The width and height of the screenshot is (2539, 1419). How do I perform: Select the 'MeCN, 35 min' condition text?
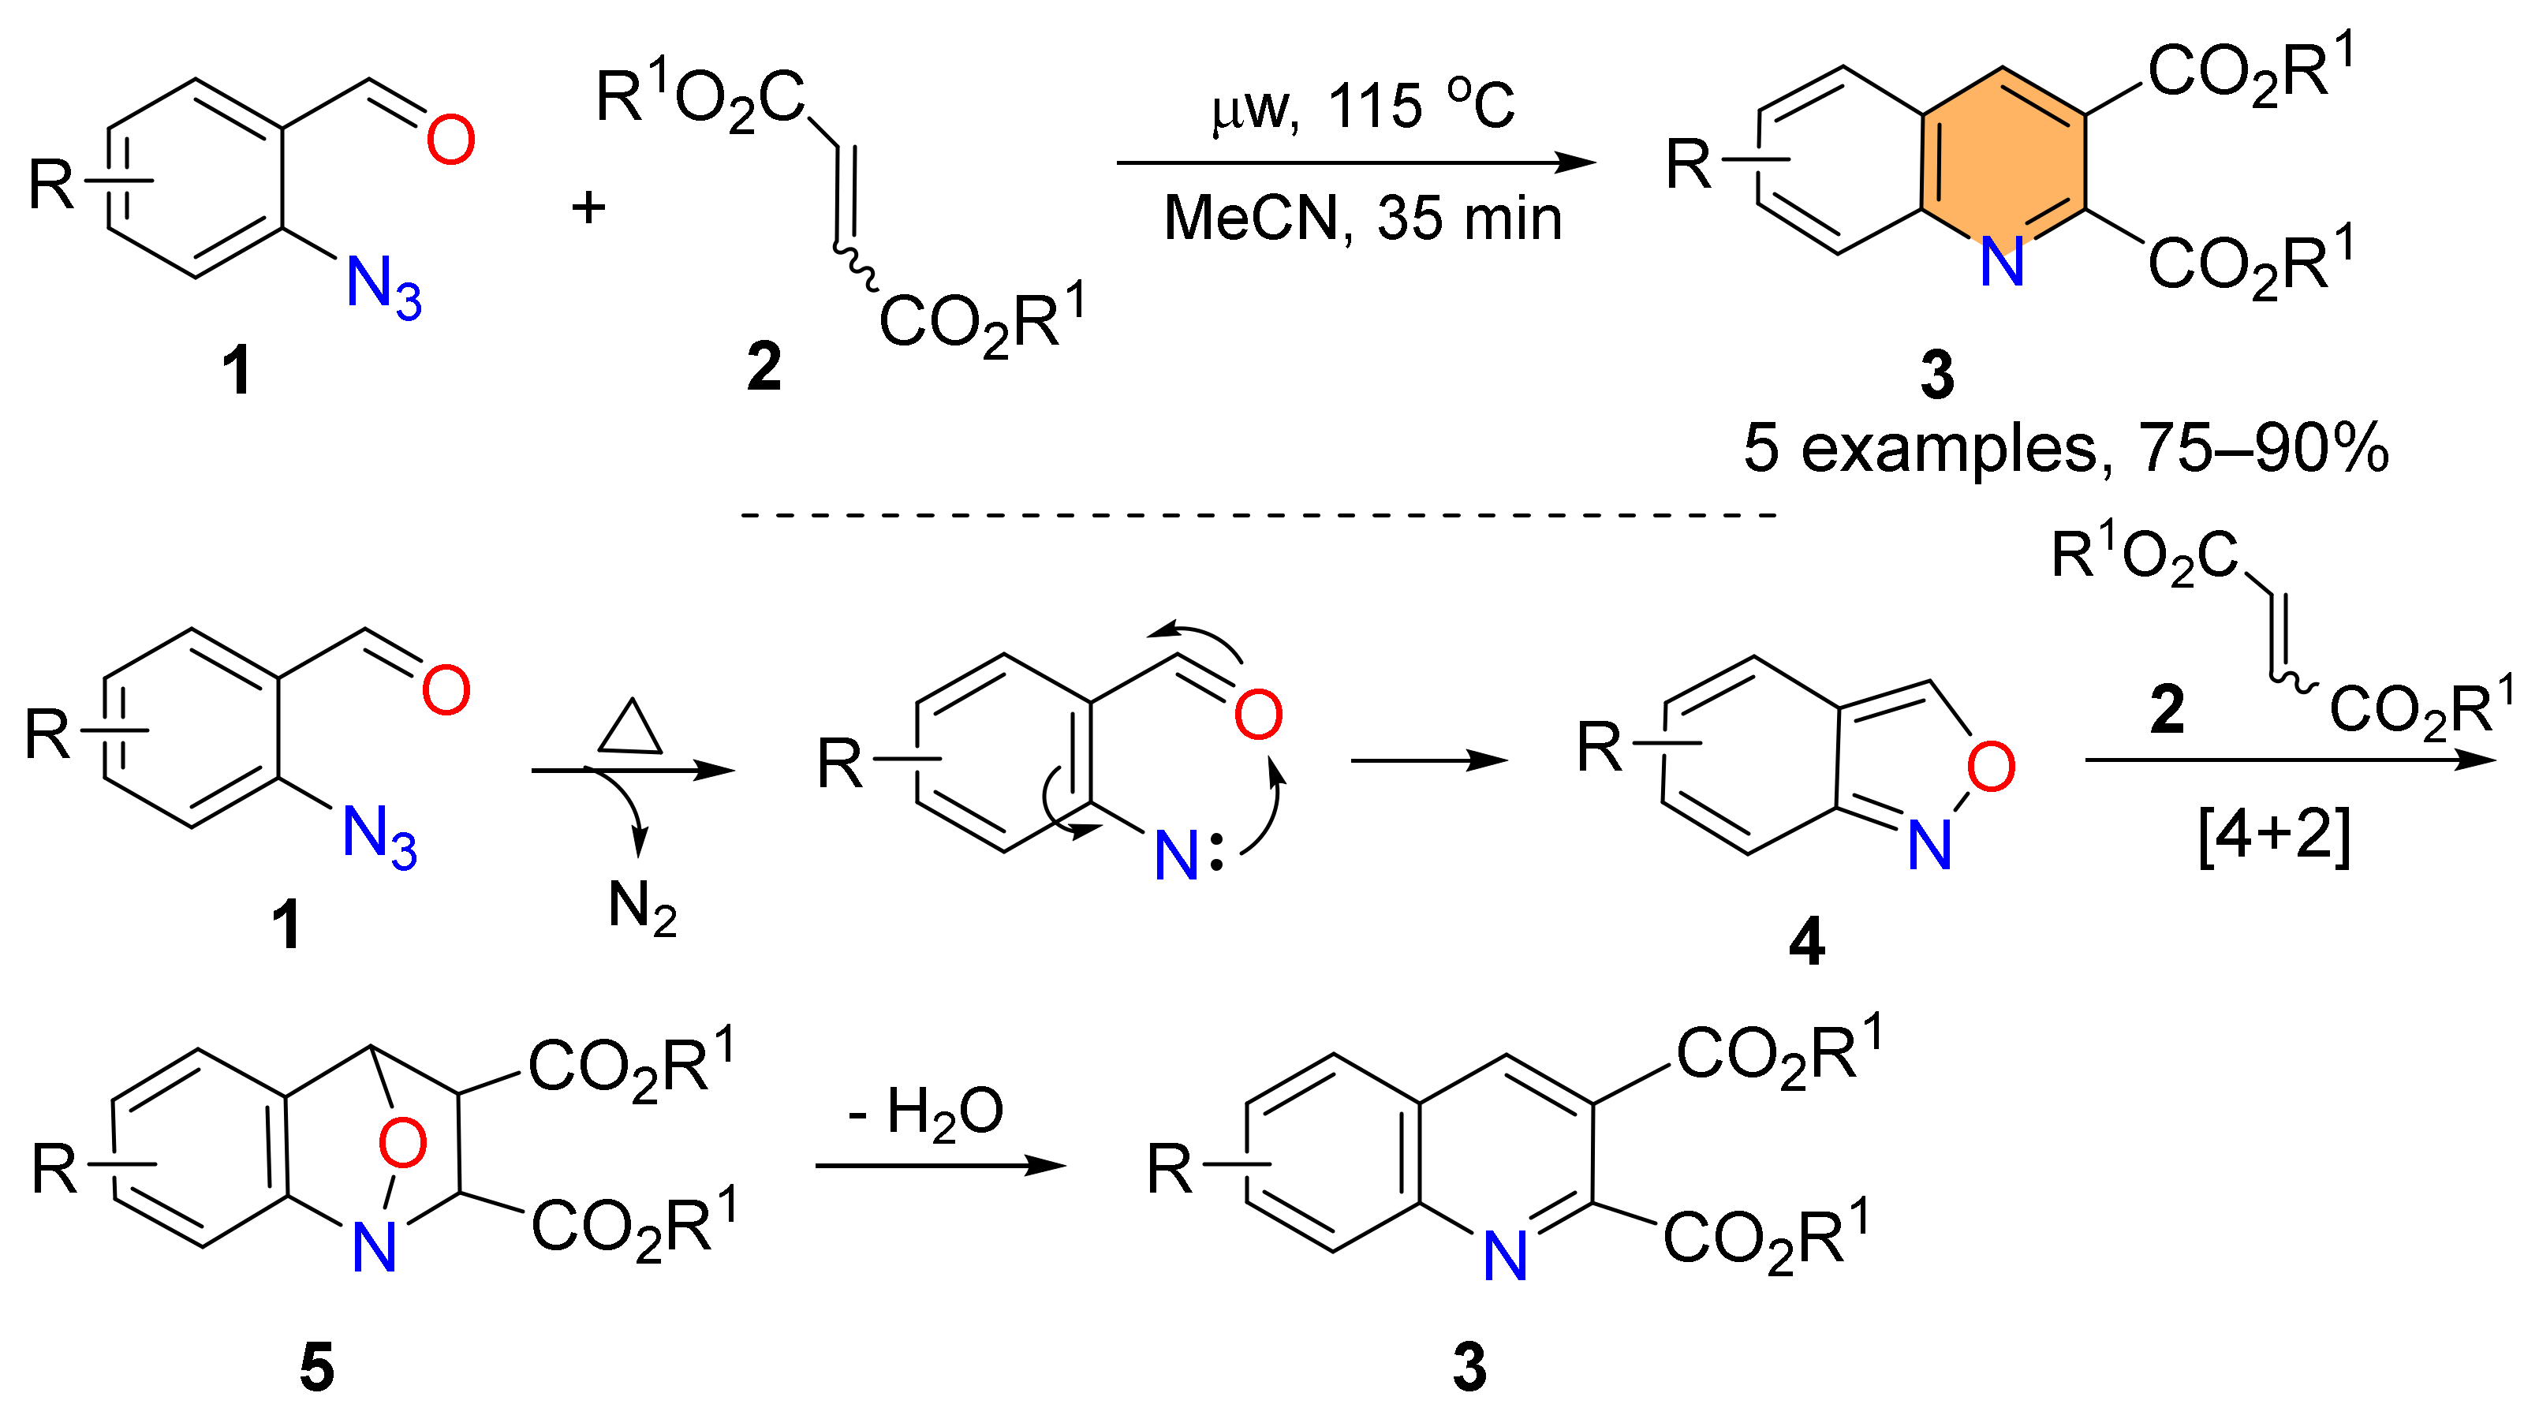coord(1363,218)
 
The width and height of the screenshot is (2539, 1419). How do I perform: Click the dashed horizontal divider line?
coord(1258,514)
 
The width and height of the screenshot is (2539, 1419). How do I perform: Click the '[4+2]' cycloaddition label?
coord(2274,835)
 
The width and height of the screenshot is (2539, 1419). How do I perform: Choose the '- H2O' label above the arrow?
coord(927,1111)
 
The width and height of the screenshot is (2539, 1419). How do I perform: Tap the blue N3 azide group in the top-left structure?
coord(383,287)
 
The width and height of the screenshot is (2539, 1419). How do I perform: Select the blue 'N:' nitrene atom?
coord(1188,855)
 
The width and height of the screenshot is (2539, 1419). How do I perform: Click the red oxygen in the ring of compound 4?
coord(1991,767)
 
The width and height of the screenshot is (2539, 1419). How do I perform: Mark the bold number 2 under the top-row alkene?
coord(764,367)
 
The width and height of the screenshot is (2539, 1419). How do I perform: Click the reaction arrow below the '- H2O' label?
coord(940,1166)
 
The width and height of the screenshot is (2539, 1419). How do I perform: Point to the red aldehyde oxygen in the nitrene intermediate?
coord(1259,715)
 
